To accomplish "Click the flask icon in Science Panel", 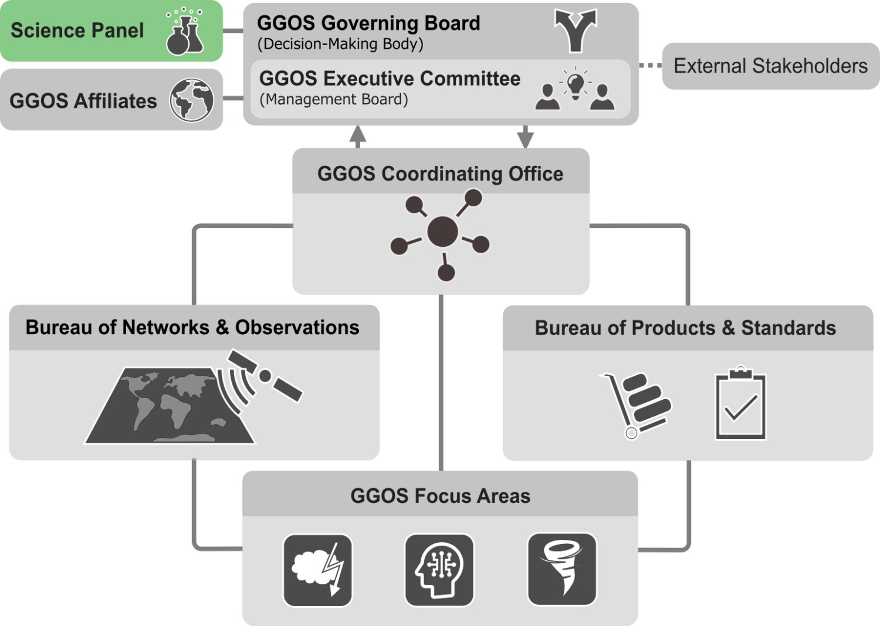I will coord(184,34).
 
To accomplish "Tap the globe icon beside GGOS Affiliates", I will coord(191,100).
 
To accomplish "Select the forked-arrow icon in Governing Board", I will coord(576,30).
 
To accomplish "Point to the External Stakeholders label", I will coord(770,66).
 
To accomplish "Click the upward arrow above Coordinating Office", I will coord(357,136).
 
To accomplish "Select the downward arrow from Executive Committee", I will coord(525,137).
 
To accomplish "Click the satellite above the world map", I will coord(265,375).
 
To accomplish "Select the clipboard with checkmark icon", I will coord(740,406).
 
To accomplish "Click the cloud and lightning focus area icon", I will coord(317,570).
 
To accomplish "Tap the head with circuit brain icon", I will coord(439,570).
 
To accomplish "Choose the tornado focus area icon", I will coord(562,569).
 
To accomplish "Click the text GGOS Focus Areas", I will coord(440,496).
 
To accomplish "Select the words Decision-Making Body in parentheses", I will coord(340,44).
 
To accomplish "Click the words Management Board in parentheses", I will coord(333,99).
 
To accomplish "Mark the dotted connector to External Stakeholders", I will coord(649,65).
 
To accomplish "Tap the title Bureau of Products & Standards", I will coord(685,328).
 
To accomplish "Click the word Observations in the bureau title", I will coord(297,327).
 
